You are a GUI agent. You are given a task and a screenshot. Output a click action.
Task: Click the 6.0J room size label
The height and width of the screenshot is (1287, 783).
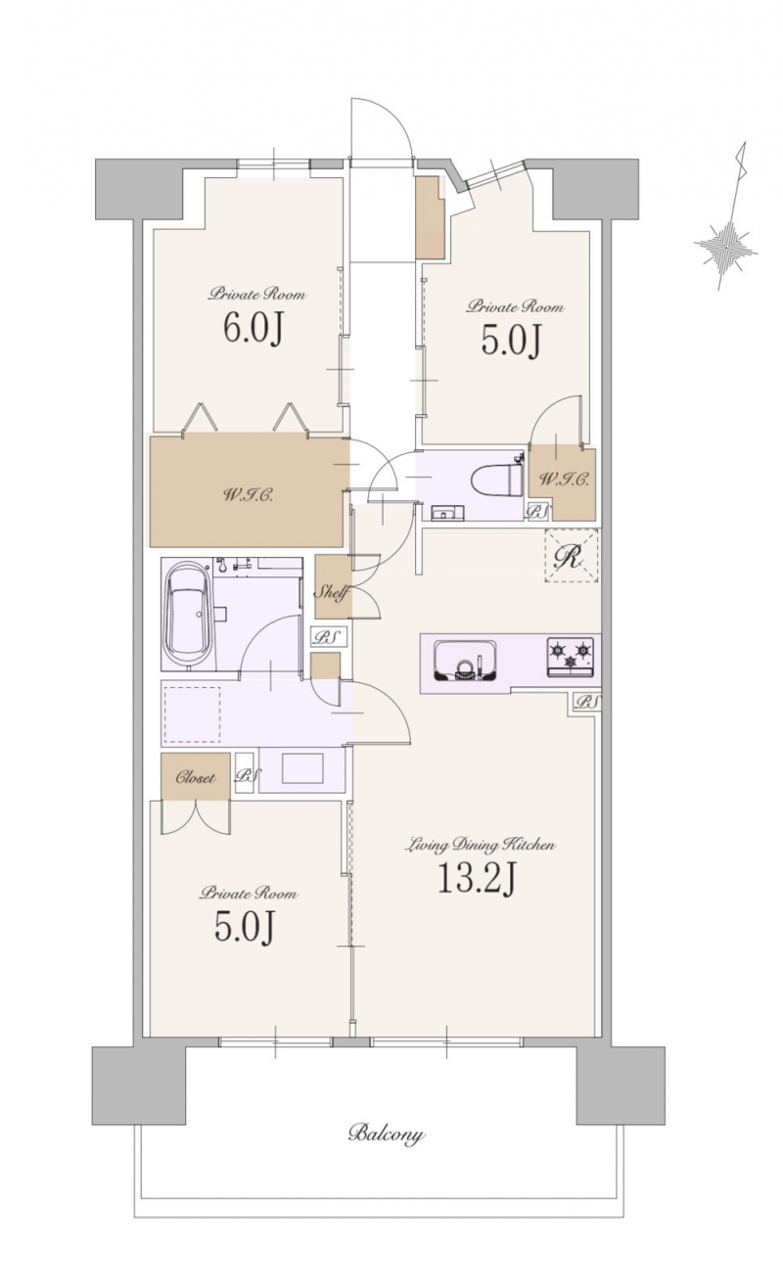click(x=253, y=331)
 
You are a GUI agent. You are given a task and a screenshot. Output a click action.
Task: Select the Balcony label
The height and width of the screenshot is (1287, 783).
click(x=387, y=1134)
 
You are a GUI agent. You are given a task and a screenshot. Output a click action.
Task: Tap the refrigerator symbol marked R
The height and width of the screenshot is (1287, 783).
click(x=571, y=556)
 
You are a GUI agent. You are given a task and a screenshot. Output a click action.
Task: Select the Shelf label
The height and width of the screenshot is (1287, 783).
click(x=332, y=592)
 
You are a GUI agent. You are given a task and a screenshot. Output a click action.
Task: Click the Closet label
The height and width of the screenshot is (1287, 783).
click(x=196, y=778)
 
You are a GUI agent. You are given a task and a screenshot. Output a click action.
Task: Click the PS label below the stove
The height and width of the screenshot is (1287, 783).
click(x=586, y=703)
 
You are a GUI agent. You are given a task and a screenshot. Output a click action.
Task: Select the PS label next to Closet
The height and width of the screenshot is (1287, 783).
click(x=246, y=777)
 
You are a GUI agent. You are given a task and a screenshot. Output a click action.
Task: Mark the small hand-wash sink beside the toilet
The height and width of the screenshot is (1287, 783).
click(x=443, y=512)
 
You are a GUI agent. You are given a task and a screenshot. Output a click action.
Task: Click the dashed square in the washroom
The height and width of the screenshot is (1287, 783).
click(x=193, y=714)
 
